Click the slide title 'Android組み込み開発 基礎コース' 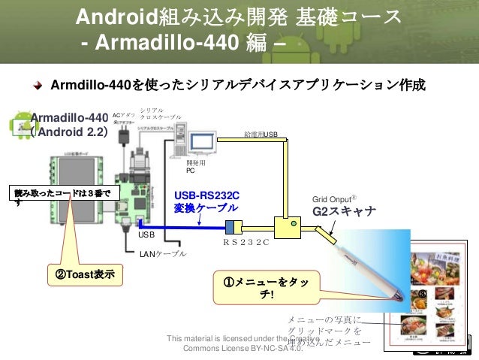tap(239, 16)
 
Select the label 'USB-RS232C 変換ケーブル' tap(206, 201)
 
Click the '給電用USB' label tap(261, 135)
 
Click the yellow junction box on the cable tap(287, 225)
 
